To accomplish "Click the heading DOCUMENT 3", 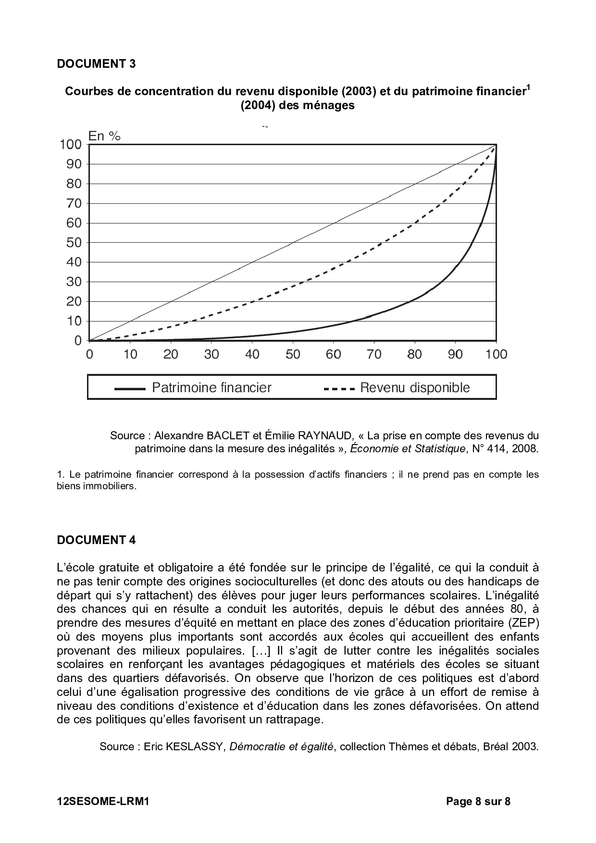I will pos(96,63).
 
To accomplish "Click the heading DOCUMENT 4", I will pos(96,540).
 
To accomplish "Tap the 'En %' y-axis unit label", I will pos(104,136).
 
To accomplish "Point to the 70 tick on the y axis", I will pos(74,203).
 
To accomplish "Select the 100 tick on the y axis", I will pos(71,144).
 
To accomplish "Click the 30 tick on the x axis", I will pos(211,355).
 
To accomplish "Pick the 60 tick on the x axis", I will pos(334,355).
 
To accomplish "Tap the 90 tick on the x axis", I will pos(455,355).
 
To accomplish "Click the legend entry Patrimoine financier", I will pos(211,388).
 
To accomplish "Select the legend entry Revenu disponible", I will pos(415,388).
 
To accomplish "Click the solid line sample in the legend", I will pos(130,389).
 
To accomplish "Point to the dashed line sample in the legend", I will pos(339,389).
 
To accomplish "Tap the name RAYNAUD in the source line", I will pos(324,435).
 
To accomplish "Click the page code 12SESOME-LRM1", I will pos(103,801).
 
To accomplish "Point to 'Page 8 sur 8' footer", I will pos(478,801).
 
